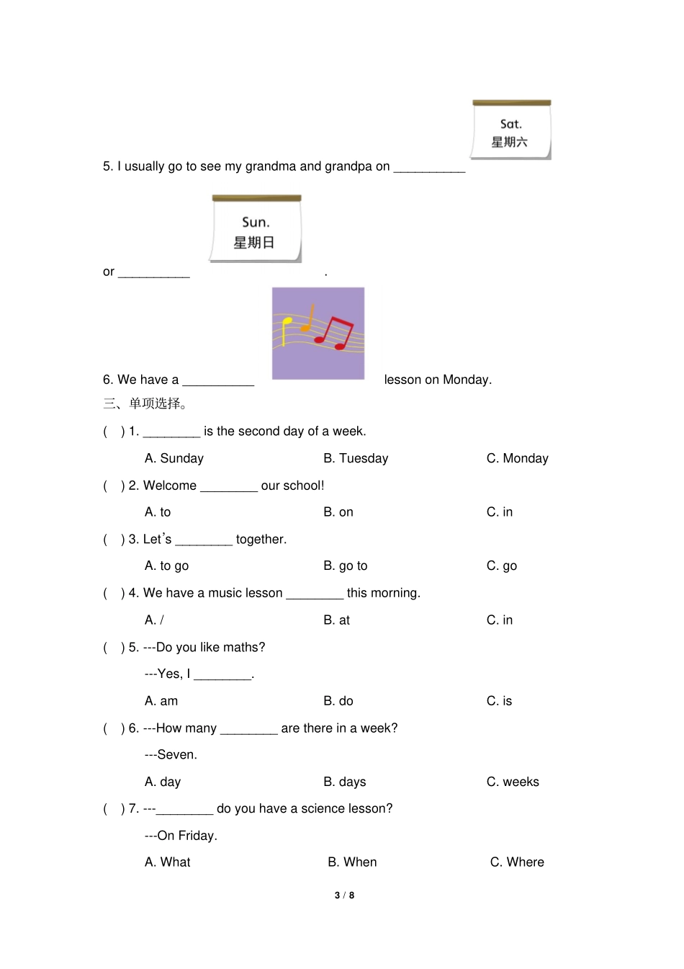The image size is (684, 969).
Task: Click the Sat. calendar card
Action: [511, 130]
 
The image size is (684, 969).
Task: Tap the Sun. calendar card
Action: [256, 229]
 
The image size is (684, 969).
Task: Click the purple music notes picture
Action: [318, 334]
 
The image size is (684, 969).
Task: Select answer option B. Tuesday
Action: [356, 458]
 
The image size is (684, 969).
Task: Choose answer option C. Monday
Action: [517, 458]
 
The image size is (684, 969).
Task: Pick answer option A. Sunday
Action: [174, 458]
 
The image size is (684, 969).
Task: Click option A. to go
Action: [166, 566]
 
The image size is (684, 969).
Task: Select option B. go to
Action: [346, 566]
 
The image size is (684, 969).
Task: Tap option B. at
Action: [336, 620]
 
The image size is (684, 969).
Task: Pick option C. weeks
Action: [513, 782]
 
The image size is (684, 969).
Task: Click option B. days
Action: [345, 782]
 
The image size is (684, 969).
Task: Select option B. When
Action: [352, 862]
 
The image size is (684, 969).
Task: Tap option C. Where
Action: [517, 862]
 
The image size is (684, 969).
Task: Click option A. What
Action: [168, 862]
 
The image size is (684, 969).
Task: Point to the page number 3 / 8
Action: [344, 895]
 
